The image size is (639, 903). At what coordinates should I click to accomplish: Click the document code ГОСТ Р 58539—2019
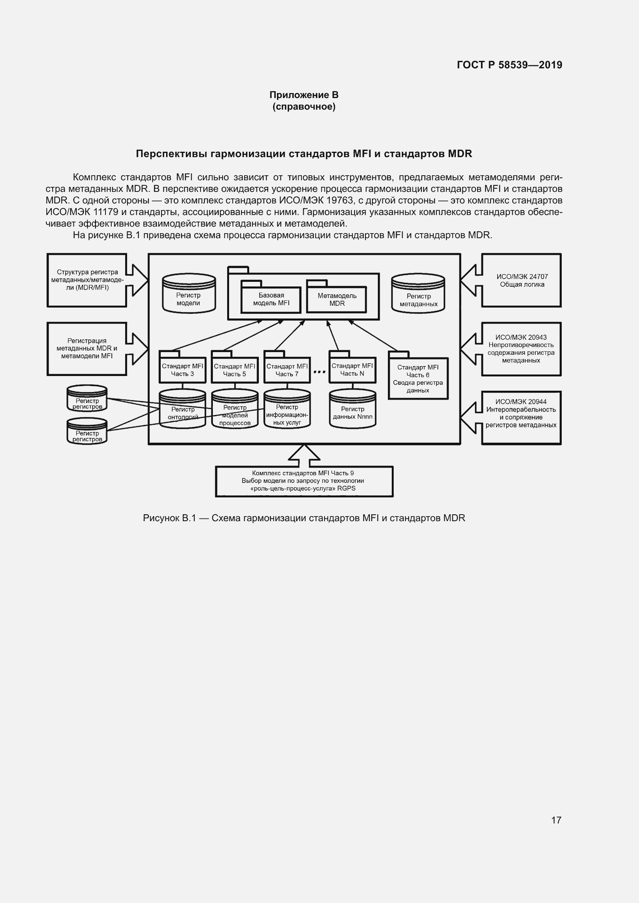click(509, 65)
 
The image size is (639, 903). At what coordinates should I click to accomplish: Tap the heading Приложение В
click(304, 95)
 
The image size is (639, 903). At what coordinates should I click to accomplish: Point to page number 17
click(556, 820)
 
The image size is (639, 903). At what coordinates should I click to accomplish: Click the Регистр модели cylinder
click(189, 295)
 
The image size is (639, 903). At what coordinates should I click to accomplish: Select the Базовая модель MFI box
click(271, 299)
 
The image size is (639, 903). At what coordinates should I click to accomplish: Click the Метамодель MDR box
click(337, 300)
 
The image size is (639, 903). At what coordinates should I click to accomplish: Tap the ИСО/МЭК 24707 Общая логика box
click(522, 280)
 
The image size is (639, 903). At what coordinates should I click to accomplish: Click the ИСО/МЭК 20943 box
click(521, 349)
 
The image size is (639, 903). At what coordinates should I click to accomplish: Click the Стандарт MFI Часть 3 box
click(182, 370)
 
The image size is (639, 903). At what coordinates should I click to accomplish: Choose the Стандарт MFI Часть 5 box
click(235, 370)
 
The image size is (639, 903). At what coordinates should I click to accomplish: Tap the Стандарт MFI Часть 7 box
click(287, 370)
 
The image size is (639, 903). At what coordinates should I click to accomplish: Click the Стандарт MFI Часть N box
click(352, 370)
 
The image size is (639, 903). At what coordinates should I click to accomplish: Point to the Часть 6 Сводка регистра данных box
click(418, 378)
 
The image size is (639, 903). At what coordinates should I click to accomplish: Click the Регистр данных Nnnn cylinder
click(353, 411)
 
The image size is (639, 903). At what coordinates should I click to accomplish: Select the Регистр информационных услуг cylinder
click(287, 411)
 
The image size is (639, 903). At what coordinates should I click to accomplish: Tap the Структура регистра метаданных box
click(87, 280)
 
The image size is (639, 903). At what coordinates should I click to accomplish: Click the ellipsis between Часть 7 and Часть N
click(319, 371)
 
